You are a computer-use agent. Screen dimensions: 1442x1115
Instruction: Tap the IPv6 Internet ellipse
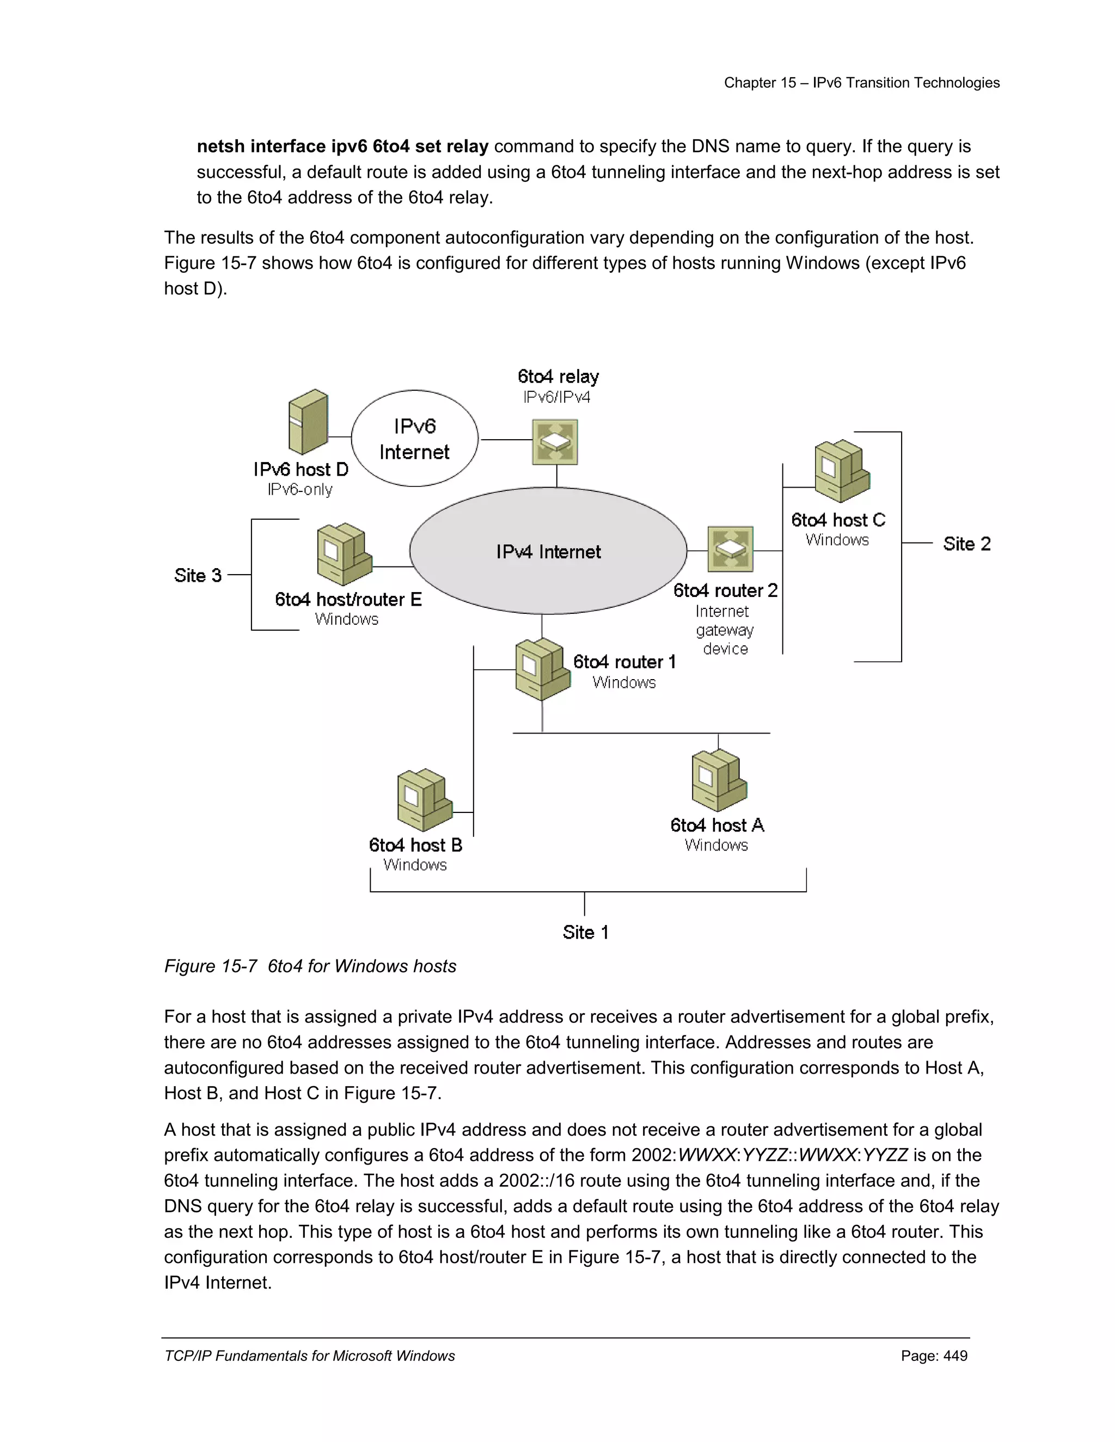pos(414,439)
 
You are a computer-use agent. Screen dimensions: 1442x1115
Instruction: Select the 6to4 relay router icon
pos(555,442)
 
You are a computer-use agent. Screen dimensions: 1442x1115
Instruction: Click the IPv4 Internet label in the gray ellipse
pos(548,552)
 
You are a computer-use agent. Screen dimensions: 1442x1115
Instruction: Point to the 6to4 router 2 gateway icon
pos(730,549)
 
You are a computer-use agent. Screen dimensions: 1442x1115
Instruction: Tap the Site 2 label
pos(966,544)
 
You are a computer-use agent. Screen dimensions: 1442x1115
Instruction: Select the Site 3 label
pos(198,576)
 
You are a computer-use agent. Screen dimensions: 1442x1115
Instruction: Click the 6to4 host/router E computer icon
pos(344,554)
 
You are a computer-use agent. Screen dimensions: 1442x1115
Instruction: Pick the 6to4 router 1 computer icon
pos(542,669)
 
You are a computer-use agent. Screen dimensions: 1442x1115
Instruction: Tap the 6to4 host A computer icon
pos(719,780)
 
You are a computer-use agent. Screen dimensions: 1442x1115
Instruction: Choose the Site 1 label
pos(585,932)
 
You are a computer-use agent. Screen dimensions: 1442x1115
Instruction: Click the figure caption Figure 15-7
pos(210,966)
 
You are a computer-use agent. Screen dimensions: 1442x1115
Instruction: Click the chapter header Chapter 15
pos(759,83)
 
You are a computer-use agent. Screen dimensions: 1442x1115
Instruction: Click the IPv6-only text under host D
pos(299,490)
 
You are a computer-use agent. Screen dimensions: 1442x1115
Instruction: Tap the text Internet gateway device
pos(725,630)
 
